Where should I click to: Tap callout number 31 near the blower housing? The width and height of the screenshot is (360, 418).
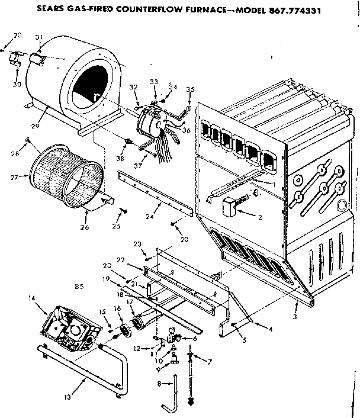click(x=40, y=38)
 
